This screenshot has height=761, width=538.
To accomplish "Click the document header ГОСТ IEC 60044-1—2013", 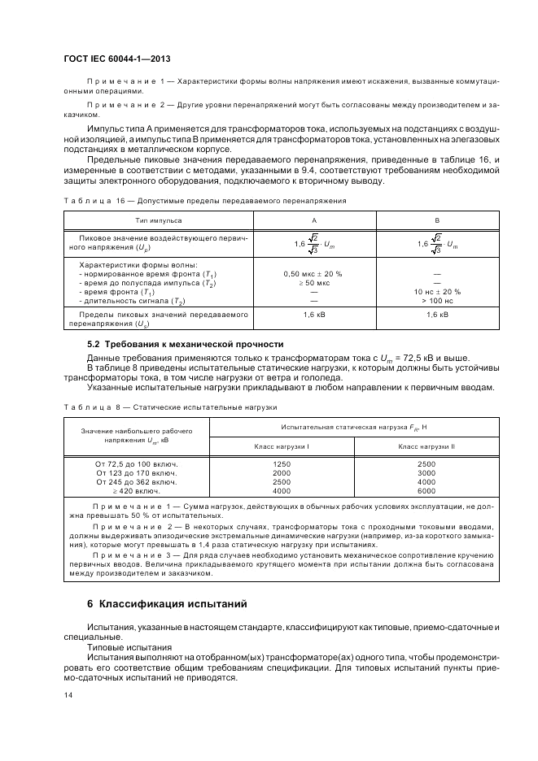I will (x=121, y=59).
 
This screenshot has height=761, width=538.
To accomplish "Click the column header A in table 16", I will (x=314, y=220).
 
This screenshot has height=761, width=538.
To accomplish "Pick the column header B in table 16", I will (x=437, y=220).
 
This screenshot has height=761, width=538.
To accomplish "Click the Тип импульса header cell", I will (x=159, y=220).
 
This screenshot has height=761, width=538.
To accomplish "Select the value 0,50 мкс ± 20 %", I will (x=313, y=274).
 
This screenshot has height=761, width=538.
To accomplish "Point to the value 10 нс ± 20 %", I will (x=437, y=290).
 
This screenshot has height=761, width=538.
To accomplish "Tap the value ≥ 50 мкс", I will (x=313, y=282).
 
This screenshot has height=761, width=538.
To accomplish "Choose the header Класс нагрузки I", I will (x=282, y=446).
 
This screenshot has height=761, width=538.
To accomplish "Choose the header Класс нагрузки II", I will (x=426, y=446).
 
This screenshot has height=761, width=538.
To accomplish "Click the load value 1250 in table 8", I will (x=282, y=463).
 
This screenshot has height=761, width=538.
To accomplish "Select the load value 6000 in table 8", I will (x=426, y=490).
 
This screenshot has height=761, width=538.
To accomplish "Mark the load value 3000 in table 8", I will (x=426, y=472).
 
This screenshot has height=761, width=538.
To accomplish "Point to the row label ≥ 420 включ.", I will (x=137, y=490).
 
